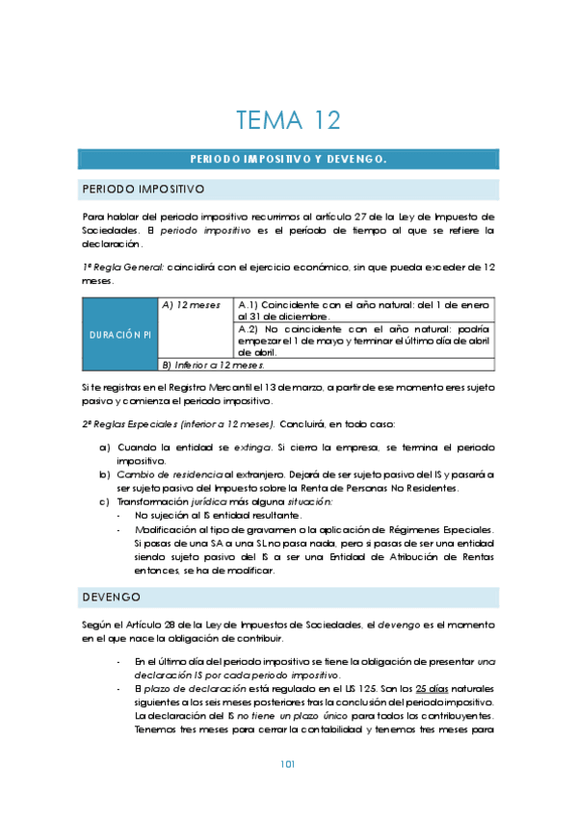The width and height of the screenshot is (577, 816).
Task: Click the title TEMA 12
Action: (288, 120)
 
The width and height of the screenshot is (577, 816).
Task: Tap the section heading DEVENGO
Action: (112, 598)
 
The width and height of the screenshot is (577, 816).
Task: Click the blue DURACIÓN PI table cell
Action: (118, 334)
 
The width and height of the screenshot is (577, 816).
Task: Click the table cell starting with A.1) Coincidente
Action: (364, 310)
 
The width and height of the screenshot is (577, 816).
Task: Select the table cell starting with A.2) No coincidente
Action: (364, 340)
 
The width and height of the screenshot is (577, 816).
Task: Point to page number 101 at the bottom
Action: (287, 764)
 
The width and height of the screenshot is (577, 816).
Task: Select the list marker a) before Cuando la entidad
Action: (104, 447)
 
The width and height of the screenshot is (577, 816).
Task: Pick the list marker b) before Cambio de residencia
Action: (104, 474)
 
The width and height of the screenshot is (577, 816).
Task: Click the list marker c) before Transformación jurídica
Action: (104, 501)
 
